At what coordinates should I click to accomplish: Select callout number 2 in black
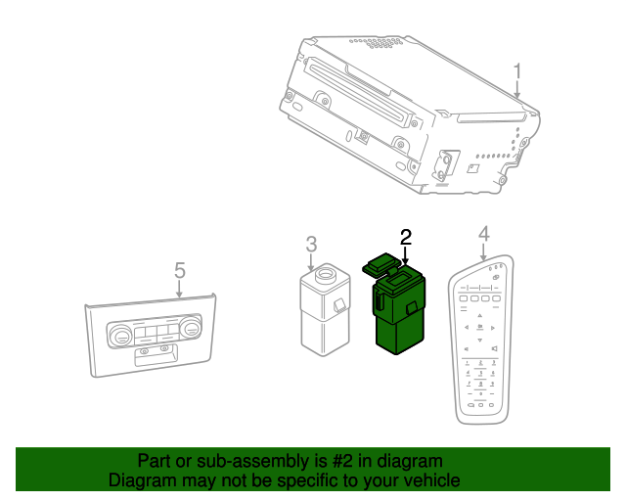click(406, 236)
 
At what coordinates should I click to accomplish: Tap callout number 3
click(311, 243)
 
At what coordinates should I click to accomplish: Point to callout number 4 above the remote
click(482, 233)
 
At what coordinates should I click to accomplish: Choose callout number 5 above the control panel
click(179, 268)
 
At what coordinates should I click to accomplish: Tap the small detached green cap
click(380, 261)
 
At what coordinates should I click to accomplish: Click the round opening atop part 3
click(324, 275)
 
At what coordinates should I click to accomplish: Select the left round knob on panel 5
click(122, 337)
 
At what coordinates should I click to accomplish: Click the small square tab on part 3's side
click(338, 306)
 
